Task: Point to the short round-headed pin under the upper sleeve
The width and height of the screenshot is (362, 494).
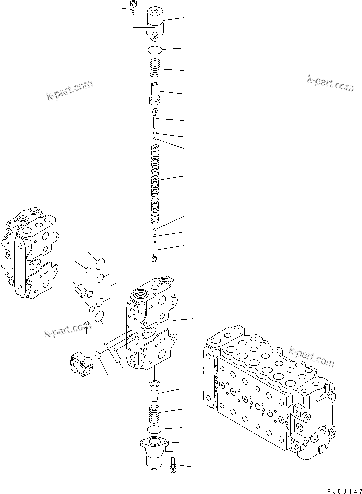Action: [155, 116]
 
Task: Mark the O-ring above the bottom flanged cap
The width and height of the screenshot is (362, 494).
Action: [155, 429]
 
